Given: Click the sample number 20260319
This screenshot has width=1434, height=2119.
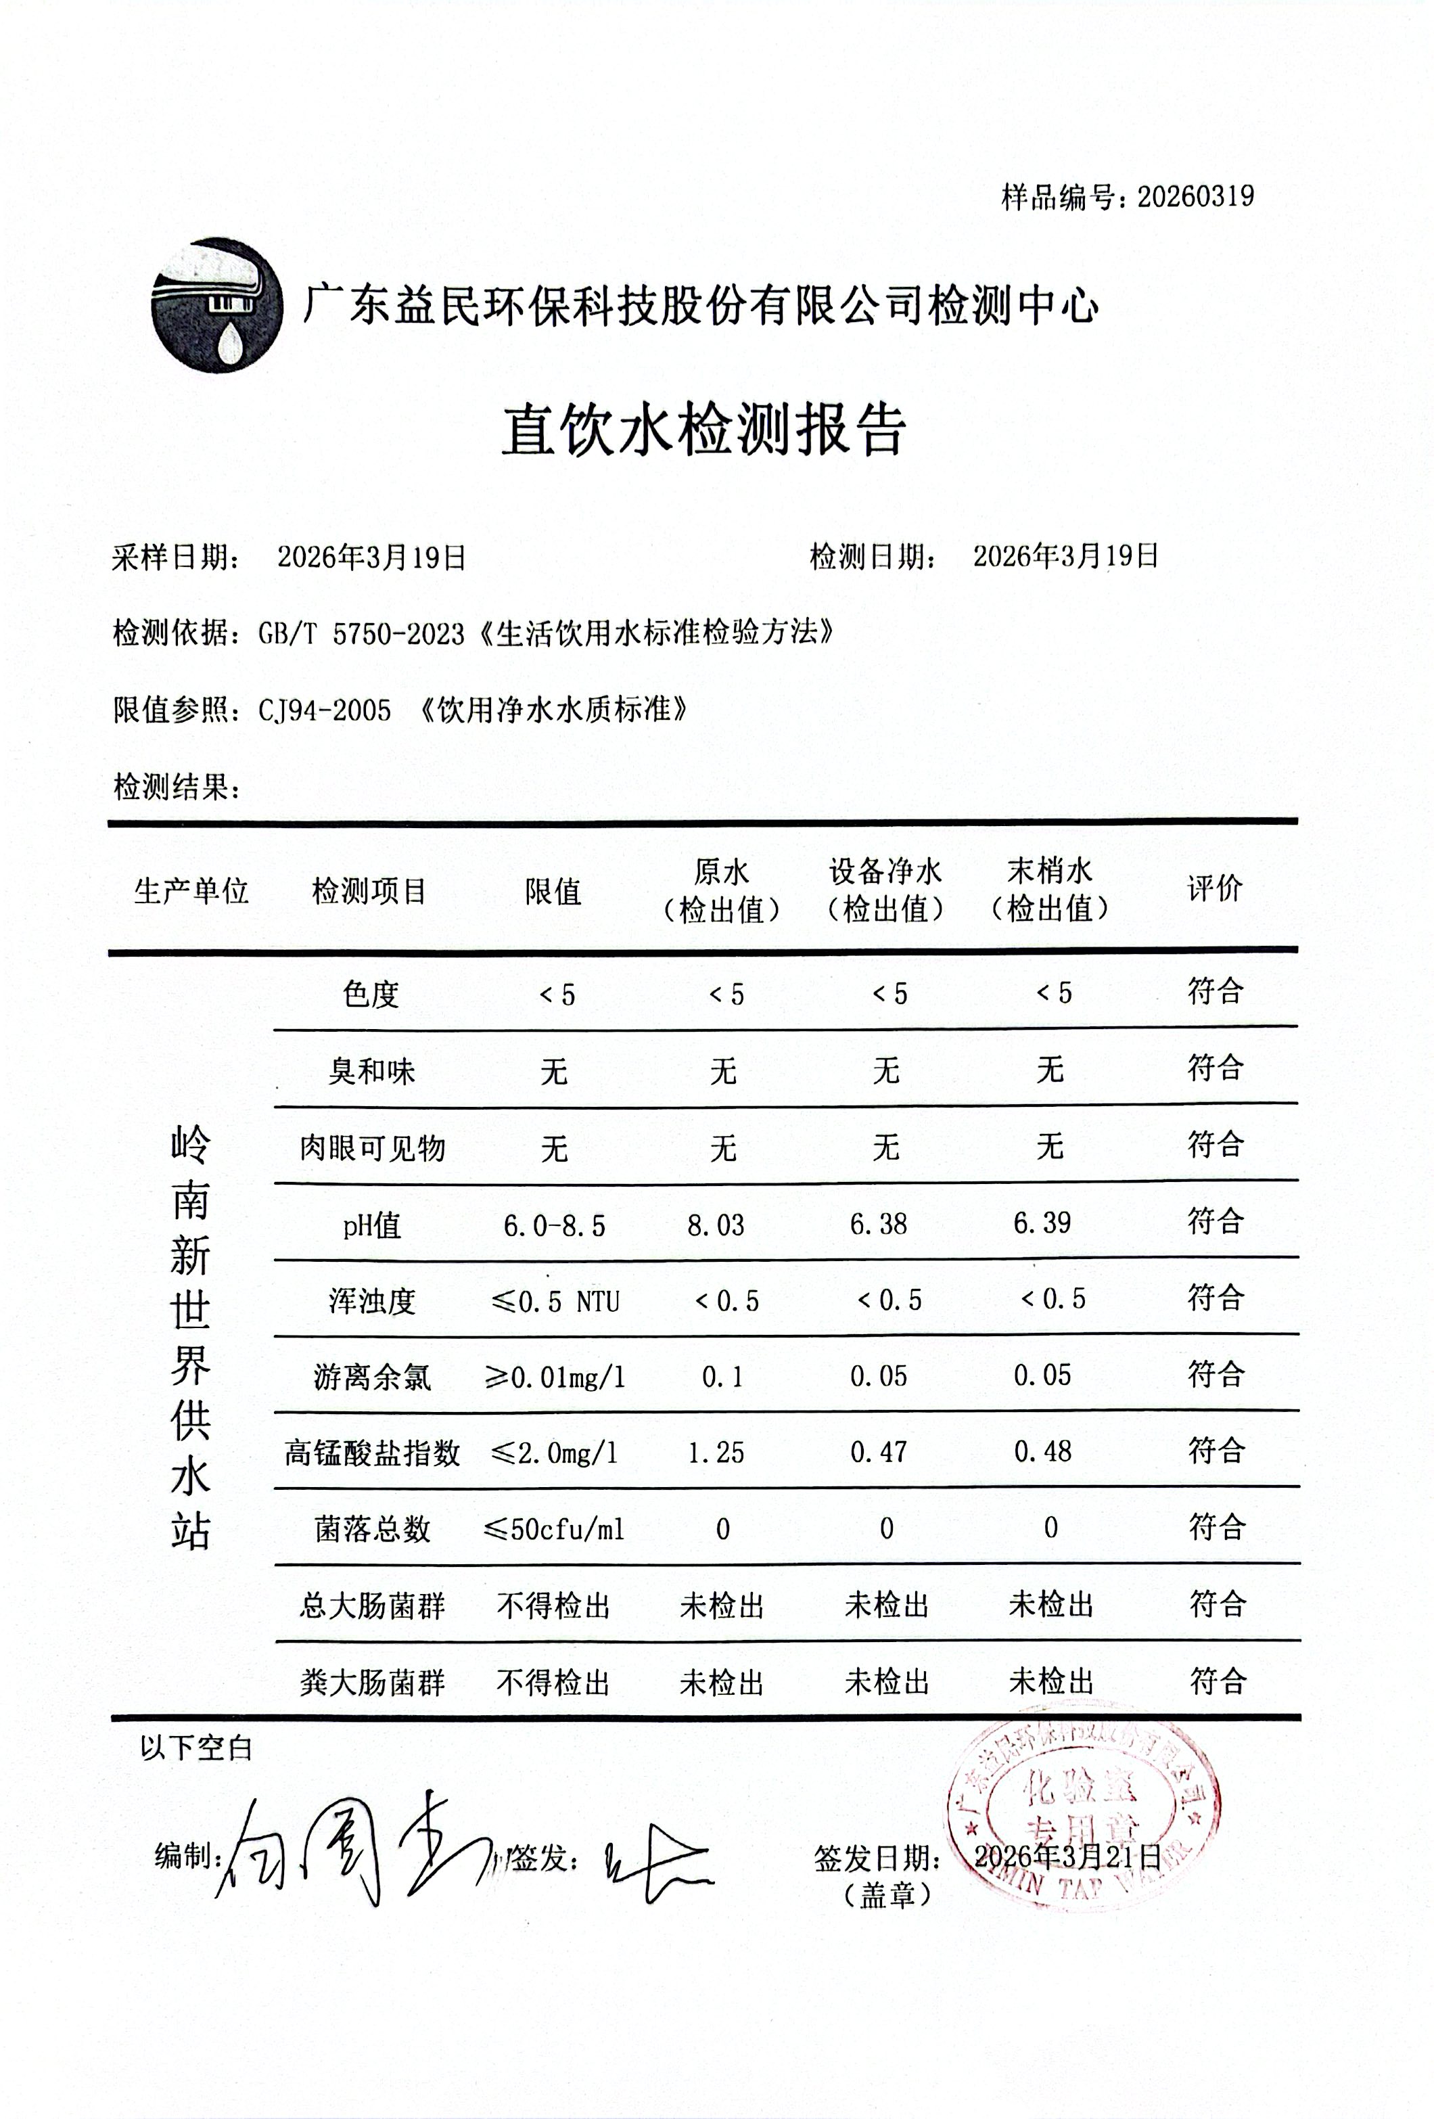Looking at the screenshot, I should click(1195, 197).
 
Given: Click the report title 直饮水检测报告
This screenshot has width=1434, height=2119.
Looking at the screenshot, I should click(703, 430).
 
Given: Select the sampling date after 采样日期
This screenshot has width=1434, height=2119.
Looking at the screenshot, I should click(372, 557).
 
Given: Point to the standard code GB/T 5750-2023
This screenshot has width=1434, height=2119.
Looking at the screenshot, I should click(362, 633).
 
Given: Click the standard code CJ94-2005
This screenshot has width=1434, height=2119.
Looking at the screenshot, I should click(325, 709).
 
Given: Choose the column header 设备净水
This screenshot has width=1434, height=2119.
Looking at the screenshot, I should click(885, 871).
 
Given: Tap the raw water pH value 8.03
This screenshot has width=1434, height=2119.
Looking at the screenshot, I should click(716, 1225).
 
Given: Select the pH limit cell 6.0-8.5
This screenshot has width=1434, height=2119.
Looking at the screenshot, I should click(554, 1225).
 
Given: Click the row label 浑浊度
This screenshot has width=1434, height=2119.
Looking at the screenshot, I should click(372, 1301).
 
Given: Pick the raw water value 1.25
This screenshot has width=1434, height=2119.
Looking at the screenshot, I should click(716, 1453).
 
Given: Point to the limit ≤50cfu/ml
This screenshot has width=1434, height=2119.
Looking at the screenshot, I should click(554, 1529).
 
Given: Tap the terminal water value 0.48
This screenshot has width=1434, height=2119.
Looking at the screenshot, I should click(1043, 1452).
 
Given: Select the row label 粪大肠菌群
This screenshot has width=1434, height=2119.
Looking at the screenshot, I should click(372, 1682).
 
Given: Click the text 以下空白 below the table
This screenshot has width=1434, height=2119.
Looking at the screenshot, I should click(196, 1748).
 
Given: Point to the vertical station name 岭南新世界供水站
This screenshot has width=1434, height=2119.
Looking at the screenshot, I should click(191, 1338).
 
